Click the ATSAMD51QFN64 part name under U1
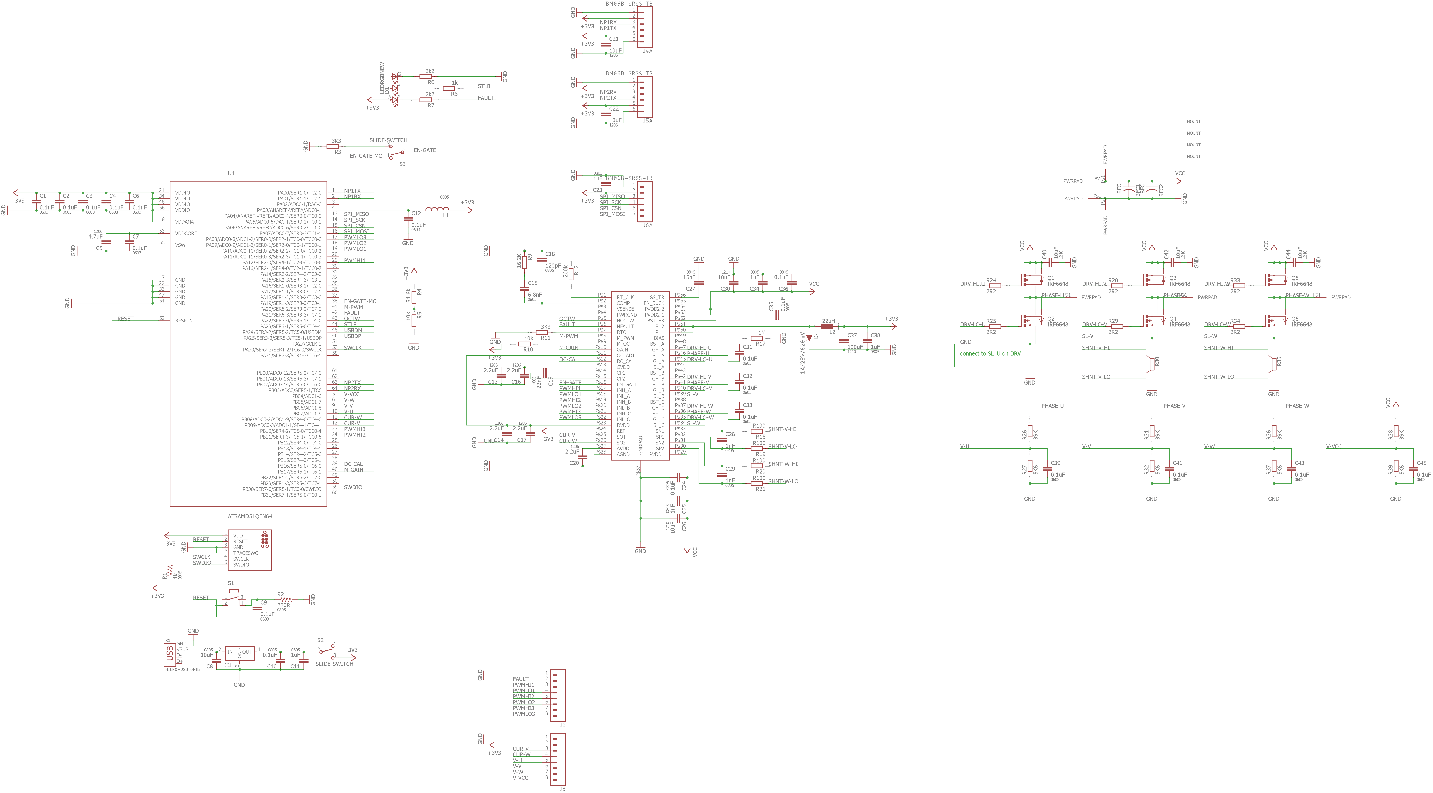(250, 516)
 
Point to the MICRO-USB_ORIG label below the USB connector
(182, 669)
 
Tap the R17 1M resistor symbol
(757, 338)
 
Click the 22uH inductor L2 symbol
(827, 327)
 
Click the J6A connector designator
(647, 225)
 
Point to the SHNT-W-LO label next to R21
(783, 481)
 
